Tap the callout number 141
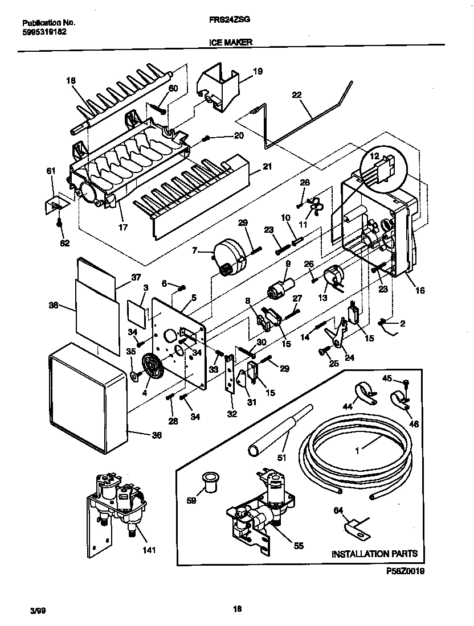148,550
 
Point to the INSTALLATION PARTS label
374,553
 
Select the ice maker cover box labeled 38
85,398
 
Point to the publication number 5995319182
43,33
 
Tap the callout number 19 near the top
258,72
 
